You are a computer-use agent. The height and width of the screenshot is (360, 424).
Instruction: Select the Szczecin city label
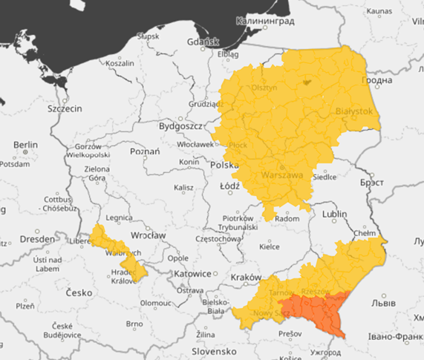pos(65,108)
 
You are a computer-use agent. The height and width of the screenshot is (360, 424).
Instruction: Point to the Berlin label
pos(25,144)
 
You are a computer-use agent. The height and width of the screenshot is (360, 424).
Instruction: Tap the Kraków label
pos(246,277)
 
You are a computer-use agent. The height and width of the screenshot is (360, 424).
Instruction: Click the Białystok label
pos(353,109)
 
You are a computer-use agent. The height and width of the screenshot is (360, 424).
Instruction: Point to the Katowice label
pos(193,273)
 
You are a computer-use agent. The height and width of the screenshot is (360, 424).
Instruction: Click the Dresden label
pos(37,239)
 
